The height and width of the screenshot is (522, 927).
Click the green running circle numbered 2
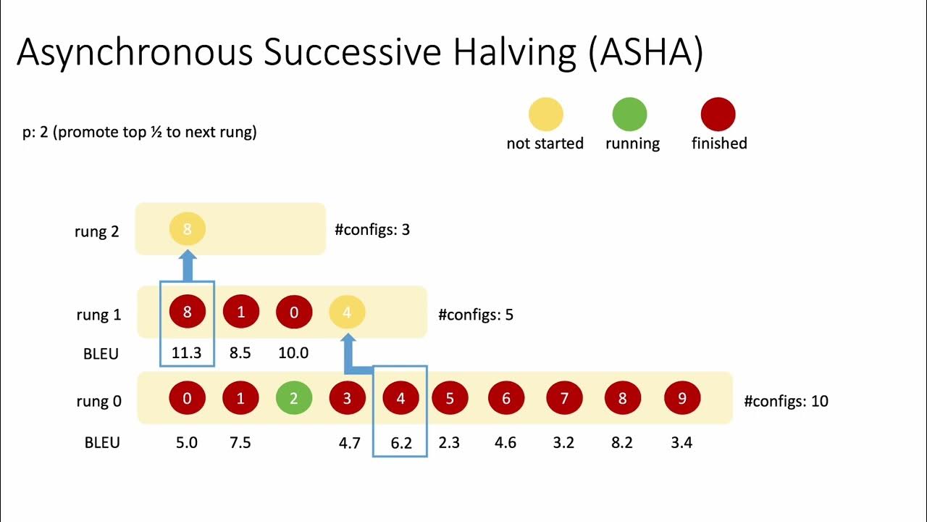pyautogui.click(x=294, y=398)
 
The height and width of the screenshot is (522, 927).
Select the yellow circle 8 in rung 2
pyautogui.click(x=188, y=229)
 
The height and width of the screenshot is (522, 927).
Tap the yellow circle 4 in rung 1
pyautogui.click(x=347, y=313)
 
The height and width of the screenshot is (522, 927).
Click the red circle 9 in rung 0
pyautogui.click(x=681, y=398)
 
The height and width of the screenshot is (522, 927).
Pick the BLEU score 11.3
pyautogui.click(x=186, y=353)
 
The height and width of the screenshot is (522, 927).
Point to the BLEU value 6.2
pyautogui.click(x=400, y=442)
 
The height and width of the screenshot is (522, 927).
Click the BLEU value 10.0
pyautogui.click(x=293, y=353)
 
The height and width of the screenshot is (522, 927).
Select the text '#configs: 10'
pyautogui.click(x=786, y=400)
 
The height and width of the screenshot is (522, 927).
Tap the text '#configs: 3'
pyautogui.click(x=372, y=230)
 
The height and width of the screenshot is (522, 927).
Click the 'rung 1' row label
pyautogui.click(x=98, y=315)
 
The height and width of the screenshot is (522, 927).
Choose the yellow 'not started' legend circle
pyautogui.click(x=545, y=115)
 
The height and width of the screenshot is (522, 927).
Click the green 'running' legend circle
pyautogui.click(x=629, y=115)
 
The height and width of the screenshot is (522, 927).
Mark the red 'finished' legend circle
pyautogui.click(x=718, y=115)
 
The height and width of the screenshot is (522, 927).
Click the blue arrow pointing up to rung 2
pyautogui.click(x=188, y=265)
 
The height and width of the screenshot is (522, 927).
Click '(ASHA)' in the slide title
pyautogui.click(x=646, y=53)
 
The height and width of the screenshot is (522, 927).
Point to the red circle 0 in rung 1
pyautogui.click(x=293, y=313)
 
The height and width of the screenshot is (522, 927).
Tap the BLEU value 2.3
pyautogui.click(x=449, y=442)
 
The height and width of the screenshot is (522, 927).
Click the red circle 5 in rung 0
pyautogui.click(x=450, y=398)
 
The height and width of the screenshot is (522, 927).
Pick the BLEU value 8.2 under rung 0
pyautogui.click(x=622, y=442)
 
